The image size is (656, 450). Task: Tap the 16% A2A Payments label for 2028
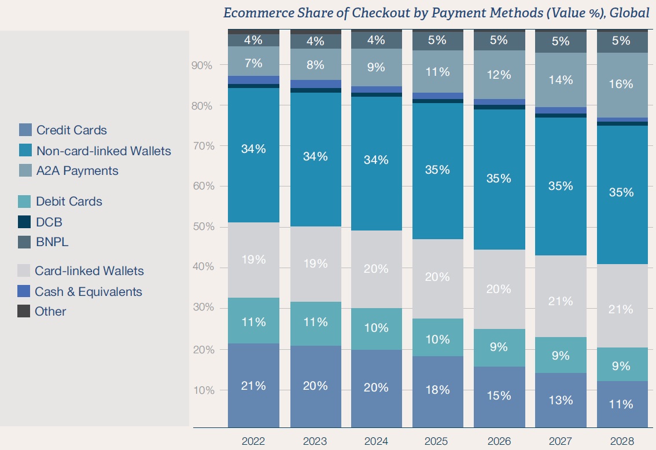click(622, 84)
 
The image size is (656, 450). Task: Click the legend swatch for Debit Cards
click(24, 202)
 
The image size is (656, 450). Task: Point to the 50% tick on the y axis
click(202, 226)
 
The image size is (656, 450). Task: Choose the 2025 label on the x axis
click(437, 441)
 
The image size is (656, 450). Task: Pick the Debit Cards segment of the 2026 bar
click(499, 347)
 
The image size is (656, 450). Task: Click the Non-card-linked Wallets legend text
click(104, 151)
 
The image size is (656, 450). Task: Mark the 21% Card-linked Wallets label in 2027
click(561, 301)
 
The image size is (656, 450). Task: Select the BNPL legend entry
click(52, 242)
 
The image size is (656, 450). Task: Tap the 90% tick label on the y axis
click(202, 65)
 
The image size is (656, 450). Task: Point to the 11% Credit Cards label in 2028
click(622, 404)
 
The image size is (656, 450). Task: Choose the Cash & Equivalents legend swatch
click(24, 291)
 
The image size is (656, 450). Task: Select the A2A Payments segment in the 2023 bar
click(315, 64)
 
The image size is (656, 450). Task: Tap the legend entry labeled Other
click(50, 311)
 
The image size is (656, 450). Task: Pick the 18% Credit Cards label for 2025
click(437, 390)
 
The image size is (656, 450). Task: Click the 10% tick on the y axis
click(202, 390)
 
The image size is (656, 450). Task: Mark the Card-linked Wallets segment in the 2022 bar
click(253, 259)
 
